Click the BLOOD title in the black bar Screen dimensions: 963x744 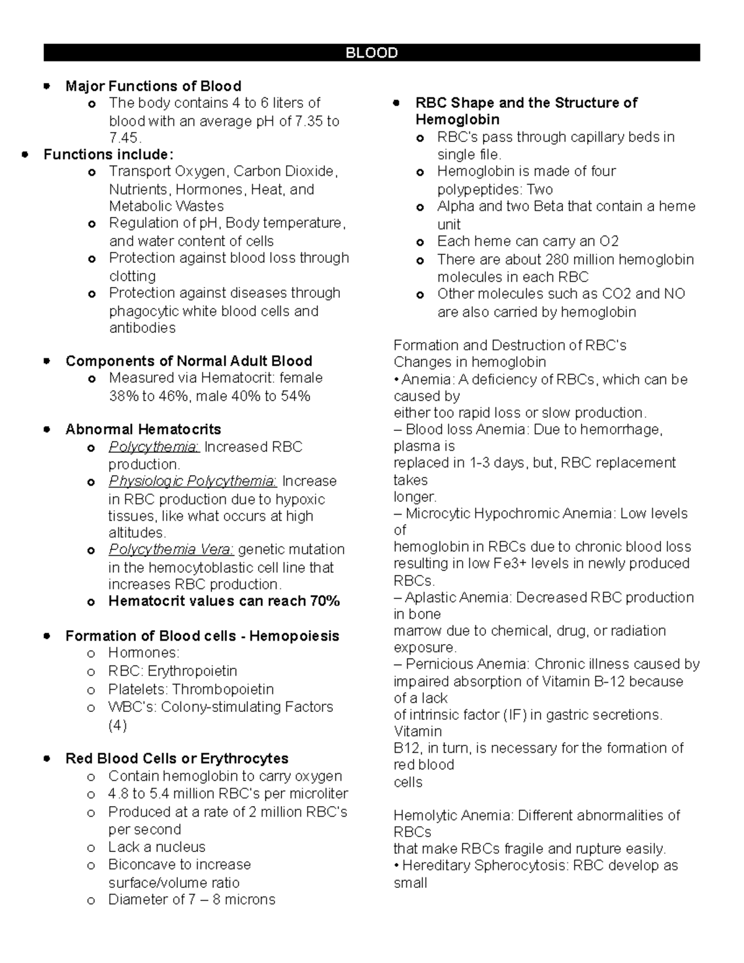pyautogui.click(x=371, y=53)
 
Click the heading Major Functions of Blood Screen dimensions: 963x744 pyautogui.click(x=153, y=86)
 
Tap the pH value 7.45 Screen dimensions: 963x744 pyautogui.click(x=124, y=138)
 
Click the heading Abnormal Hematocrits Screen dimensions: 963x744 pyautogui.click(x=143, y=429)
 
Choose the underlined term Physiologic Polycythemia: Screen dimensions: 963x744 pyautogui.click(x=192, y=481)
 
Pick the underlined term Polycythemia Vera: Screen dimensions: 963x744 pyautogui.click(x=171, y=550)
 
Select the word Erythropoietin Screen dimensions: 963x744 pyautogui.click(x=192, y=671)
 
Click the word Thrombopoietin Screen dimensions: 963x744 pyautogui.click(x=223, y=689)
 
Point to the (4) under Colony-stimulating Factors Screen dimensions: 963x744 pyautogui.click(x=117, y=725)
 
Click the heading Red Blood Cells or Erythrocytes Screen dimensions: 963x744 pyautogui.click(x=177, y=759)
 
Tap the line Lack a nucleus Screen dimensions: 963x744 pyautogui.click(x=156, y=847)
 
